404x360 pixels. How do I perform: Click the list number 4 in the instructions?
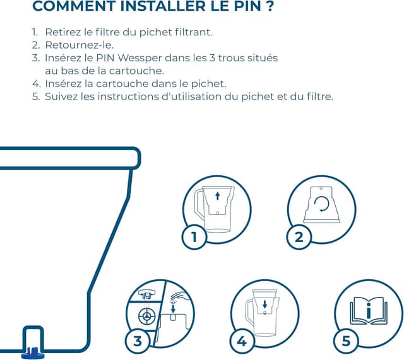pos(36,83)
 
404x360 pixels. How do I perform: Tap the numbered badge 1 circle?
pos(194,236)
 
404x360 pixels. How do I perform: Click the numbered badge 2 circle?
pos(299,236)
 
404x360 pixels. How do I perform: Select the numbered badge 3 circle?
pos(138,341)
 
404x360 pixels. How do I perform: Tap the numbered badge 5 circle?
pos(345,341)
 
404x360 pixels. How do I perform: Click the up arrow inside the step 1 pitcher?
pos(218,196)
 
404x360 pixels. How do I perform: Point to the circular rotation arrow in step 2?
pos(324,204)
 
